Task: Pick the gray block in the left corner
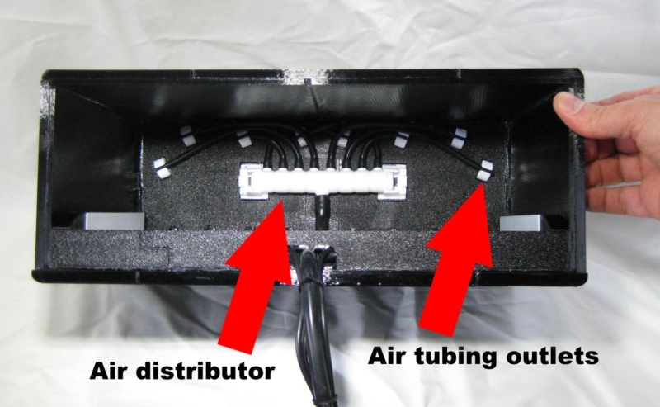[112, 221]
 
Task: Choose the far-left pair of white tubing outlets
[162, 168]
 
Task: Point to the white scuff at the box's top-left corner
[47, 99]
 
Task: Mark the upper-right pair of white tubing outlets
[459, 138]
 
